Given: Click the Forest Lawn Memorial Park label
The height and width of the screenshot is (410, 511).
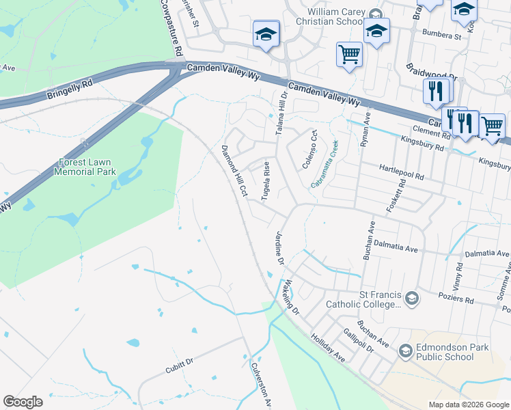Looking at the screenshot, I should click(x=87, y=167).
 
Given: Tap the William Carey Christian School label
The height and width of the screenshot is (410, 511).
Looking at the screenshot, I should click(x=334, y=16).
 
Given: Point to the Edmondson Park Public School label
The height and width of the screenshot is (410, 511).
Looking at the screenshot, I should click(x=445, y=352).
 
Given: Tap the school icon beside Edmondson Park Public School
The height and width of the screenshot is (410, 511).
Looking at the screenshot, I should click(x=405, y=351).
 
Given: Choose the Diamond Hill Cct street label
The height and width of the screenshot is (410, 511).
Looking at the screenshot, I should click(x=234, y=171).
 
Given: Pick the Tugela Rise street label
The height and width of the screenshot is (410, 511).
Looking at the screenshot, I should click(x=266, y=181).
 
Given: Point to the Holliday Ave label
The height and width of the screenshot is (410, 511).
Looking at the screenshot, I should click(x=329, y=348).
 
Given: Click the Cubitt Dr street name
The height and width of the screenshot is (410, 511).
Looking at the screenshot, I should click(x=180, y=369).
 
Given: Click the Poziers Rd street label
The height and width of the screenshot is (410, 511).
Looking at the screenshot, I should click(x=460, y=299).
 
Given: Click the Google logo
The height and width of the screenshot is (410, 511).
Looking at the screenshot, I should click(x=23, y=402).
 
